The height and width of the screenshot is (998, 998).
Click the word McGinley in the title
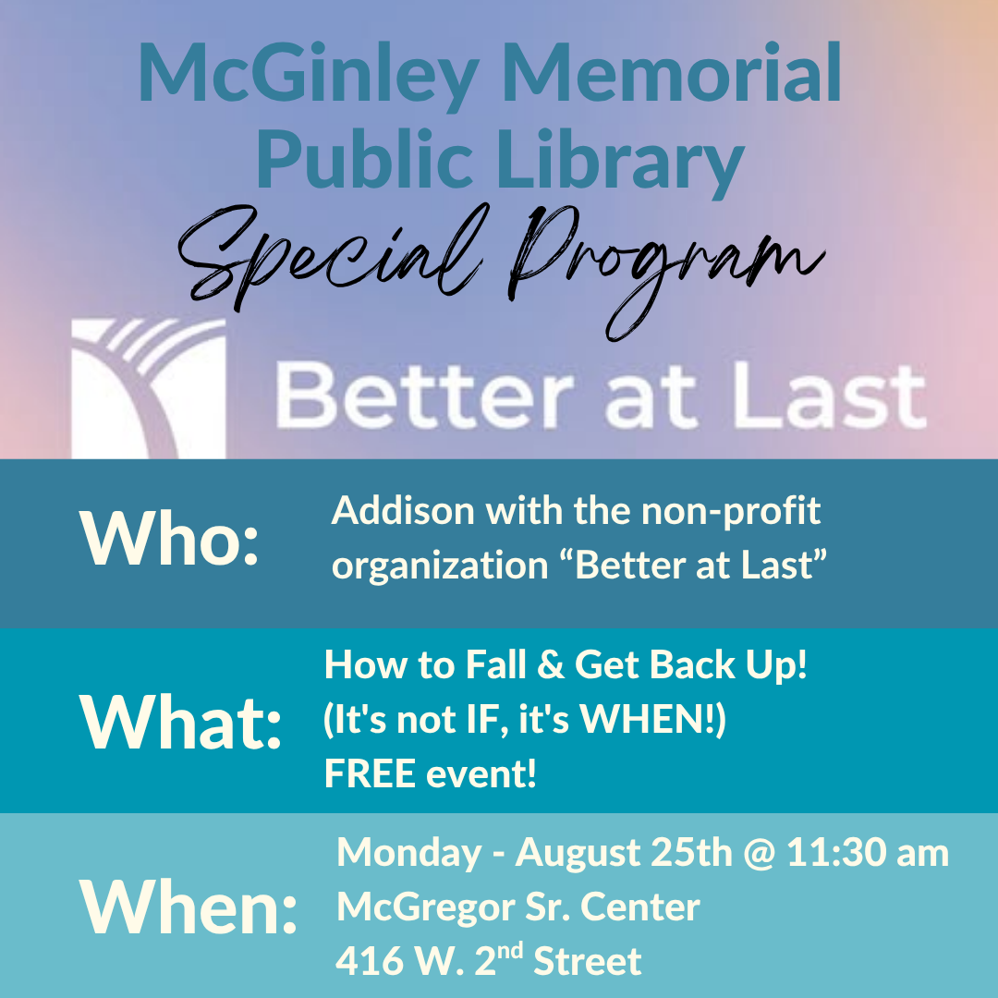coord(308,75)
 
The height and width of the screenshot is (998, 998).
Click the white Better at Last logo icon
coord(148,388)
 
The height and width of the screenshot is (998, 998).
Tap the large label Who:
coord(169,539)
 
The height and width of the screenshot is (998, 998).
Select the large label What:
coord(180,723)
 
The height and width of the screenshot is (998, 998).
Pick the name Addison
coord(403,510)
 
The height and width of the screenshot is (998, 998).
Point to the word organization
coord(440,566)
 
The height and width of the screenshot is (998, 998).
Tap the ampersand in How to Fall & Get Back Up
coord(550,665)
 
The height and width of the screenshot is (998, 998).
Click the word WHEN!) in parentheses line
coord(652,721)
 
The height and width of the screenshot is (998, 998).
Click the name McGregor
coord(426,908)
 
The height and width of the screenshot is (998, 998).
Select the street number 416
coord(367,961)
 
